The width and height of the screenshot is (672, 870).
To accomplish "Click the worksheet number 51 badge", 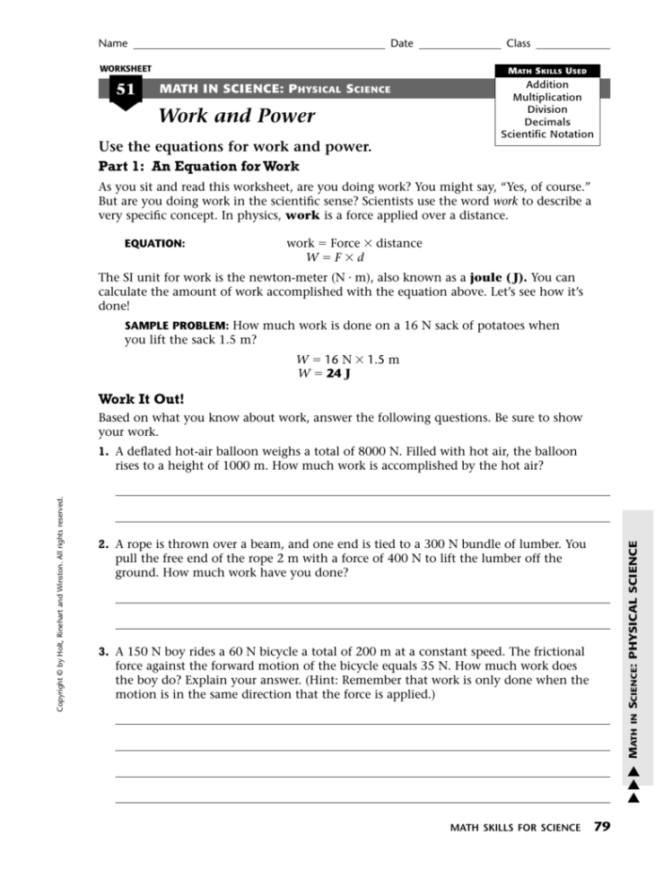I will [124, 91].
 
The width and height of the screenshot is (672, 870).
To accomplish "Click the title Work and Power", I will [236, 116].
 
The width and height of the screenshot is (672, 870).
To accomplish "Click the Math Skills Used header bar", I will [547, 71].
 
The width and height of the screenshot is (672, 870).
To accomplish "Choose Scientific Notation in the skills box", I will [547, 135].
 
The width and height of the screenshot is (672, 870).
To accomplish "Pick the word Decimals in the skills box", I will [547, 122].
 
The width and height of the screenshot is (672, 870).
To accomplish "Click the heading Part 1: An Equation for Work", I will [197, 166].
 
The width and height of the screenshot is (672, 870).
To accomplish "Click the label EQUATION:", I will [154, 243].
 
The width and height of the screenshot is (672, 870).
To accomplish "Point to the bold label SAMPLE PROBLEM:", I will [177, 326].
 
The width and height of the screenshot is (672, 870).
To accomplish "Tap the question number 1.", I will [104, 451].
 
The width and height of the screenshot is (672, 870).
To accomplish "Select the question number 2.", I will [104, 544].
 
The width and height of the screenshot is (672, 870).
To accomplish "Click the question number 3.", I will [104, 651].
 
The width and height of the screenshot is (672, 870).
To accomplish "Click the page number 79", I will [602, 826].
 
